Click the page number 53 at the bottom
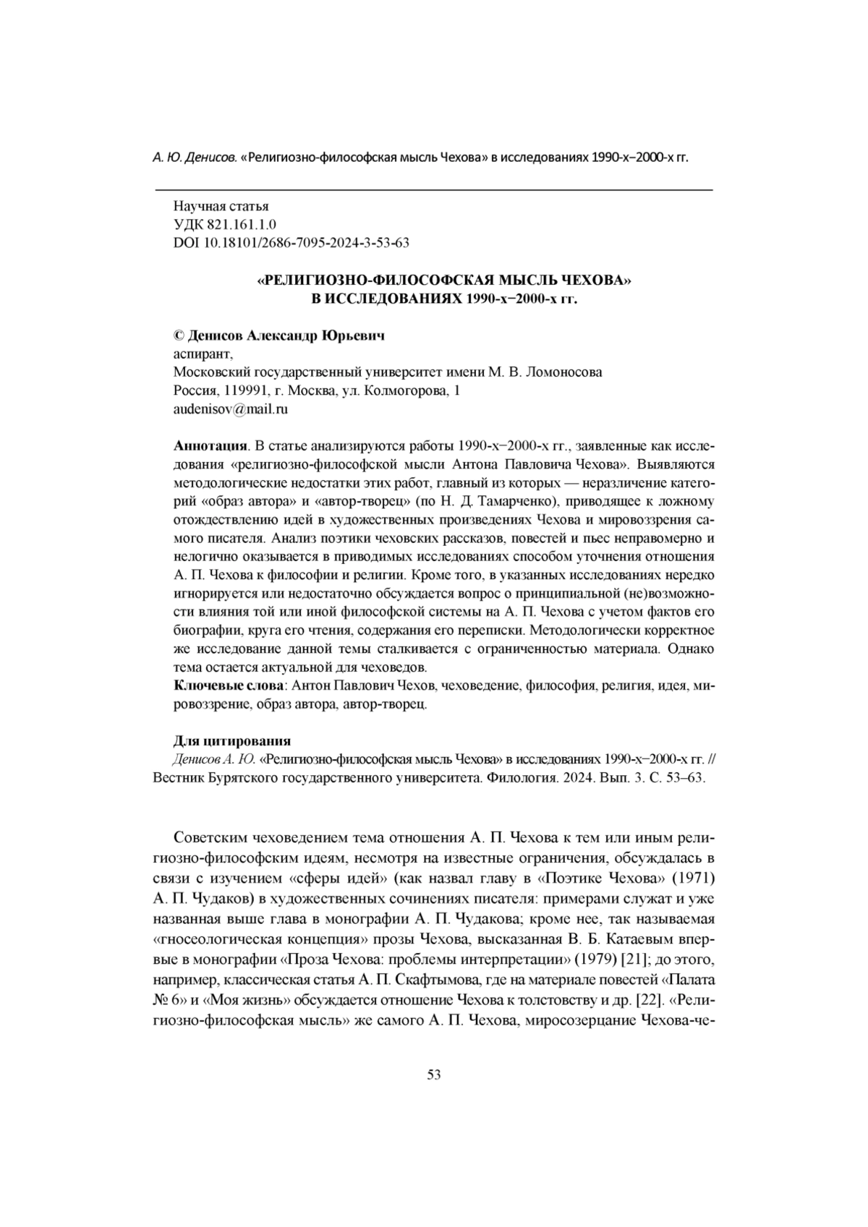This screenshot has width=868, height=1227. (x=434, y=1074)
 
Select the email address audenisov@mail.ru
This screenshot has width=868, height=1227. (x=231, y=409)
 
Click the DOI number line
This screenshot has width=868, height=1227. (x=292, y=243)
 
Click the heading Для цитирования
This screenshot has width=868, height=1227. (x=232, y=741)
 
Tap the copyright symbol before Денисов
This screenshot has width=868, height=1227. (x=179, y=336)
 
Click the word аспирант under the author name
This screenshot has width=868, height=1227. (x=203, y=354)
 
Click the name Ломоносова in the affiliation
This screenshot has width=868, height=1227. (x=564, y=372)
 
